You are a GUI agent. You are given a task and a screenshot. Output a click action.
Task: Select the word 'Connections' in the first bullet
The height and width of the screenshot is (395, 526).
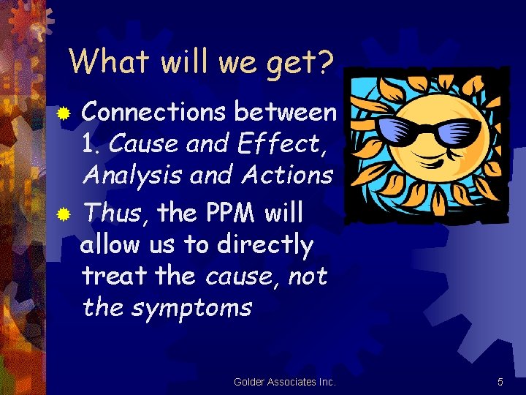click(154, 112)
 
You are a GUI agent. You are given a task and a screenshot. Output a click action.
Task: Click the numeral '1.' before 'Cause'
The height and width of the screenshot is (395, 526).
click(93, 143)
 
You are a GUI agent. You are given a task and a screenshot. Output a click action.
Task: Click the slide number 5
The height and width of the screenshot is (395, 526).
click(500, 382)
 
